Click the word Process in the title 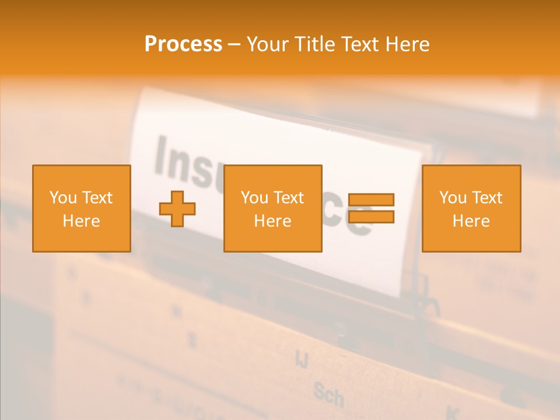[x=183, y=44]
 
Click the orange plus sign [x=177, y=208]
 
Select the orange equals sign [x=371, y=208]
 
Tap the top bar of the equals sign [x=371, y=200]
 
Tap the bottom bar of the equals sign [x=371, y=216]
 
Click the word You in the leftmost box [x=63, y=198]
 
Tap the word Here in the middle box [x=273, y=221]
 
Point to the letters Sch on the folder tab [x=328, y=395]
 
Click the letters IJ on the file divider [x=302, y=359]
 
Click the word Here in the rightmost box [x=471, y=221]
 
